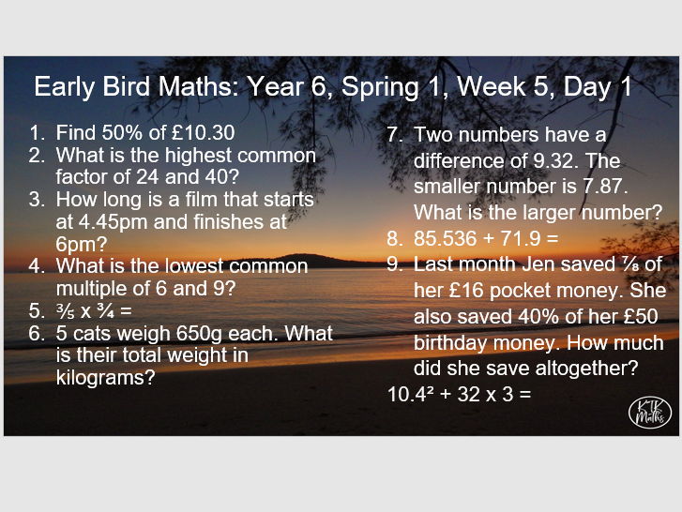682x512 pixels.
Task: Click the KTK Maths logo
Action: tap(649, 411)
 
